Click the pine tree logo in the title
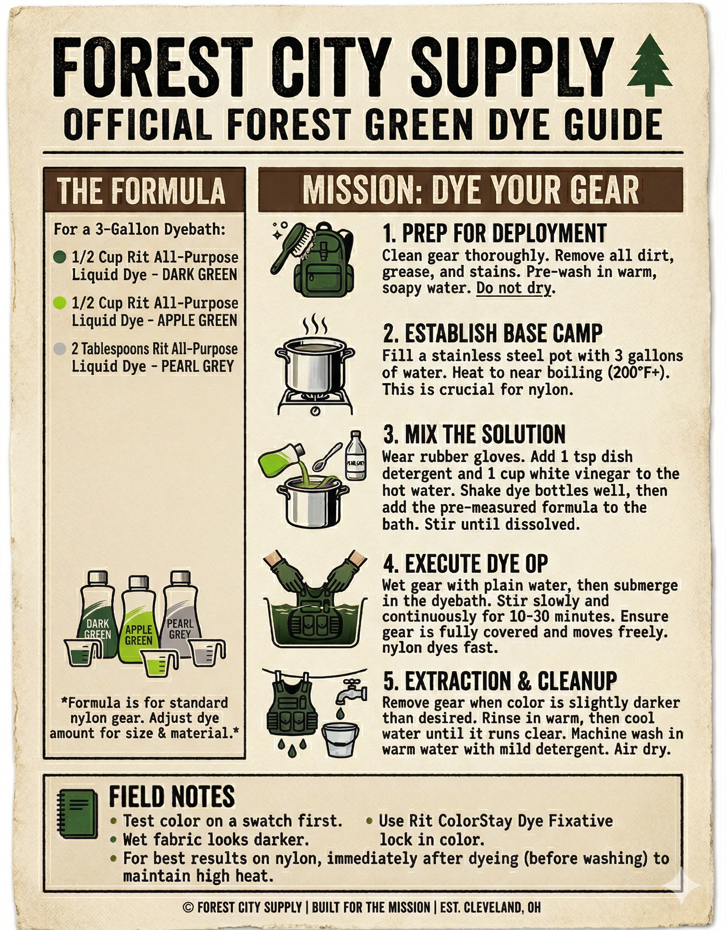650,65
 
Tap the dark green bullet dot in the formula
60,257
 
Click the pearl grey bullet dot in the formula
60,349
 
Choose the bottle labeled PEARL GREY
180,613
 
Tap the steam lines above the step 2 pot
315,326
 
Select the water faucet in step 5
351,692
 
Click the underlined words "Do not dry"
513,288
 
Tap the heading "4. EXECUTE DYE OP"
465,563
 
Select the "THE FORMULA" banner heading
141,190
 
